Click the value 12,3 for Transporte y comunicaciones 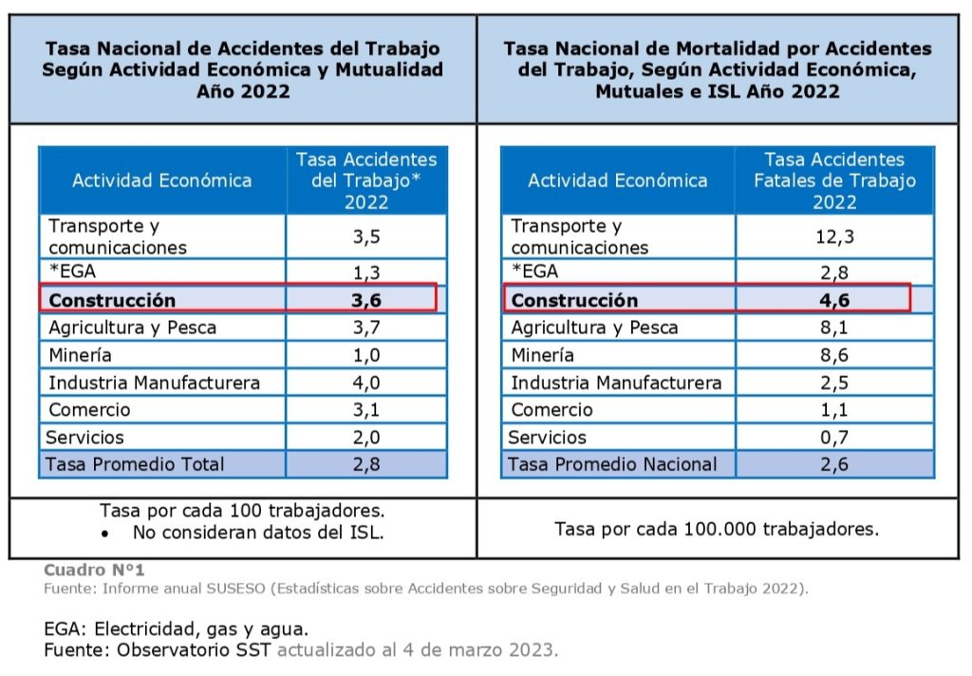(834, 236)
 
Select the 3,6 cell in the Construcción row (366, 300)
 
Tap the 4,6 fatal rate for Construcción (834, 300)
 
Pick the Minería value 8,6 (834, 355)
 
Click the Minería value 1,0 (366, 355)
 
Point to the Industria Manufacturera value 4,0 (366, 383)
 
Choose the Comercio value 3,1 (366, 410)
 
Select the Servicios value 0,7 (834, 438)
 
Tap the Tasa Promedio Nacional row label (612, 464)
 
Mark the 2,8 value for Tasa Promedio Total (366, 464)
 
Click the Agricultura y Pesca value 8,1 (834, 328)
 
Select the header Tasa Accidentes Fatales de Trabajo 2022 (834, 180)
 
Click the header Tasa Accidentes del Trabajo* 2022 (366, 180)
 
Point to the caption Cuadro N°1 (94, 571)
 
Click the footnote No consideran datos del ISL (257, 533)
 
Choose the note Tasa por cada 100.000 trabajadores (717, 529)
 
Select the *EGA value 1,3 (366, 273)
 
